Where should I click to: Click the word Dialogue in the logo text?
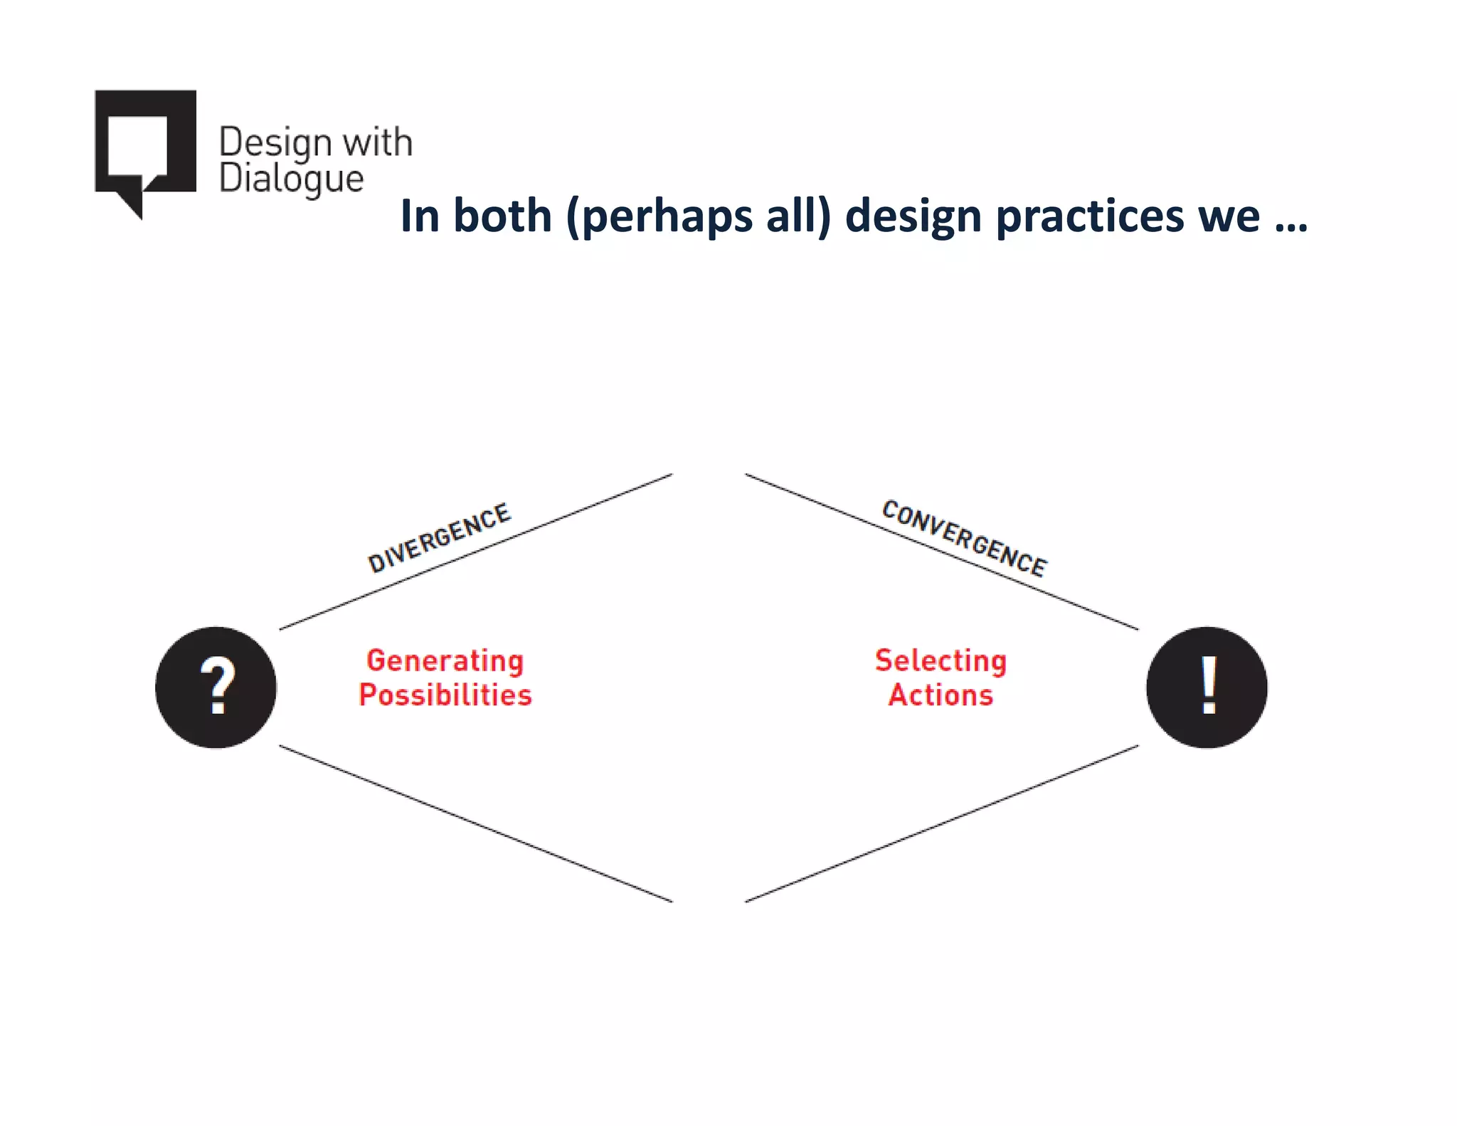291,179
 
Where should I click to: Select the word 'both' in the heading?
502,215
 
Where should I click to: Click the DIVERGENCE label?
439,537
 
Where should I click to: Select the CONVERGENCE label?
964,538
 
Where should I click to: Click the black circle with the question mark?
216,687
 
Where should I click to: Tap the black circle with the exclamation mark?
1207,687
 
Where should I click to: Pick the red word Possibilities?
445,695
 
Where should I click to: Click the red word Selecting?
941,661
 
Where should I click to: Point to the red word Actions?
941,695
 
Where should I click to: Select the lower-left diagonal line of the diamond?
475,824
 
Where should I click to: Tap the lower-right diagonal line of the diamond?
941,824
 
